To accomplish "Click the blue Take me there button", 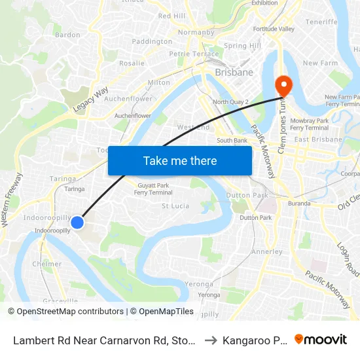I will pyautogui.click(x=180, y=160).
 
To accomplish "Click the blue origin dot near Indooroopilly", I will pyautogui.click(x=77, y=223).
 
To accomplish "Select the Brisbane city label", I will pyautogui.click(x=234, y=72).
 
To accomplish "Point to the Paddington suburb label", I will pyautogui.click(x=152, y=41).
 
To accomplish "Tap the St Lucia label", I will pyautogui.click(x=175, y=206).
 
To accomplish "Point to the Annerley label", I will pyautogui.click(x=267, y=251).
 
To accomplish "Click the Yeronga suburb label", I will pyautogui.click(x=199, y=284).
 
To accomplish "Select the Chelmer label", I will pyautogui.click(x=46, y=264).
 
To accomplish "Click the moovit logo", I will pyautogui.click(x=321, y=339).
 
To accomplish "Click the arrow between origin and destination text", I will pyautogui.click(x=210, y=340).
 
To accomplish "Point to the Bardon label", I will pyautogui.click(x=67, y=35).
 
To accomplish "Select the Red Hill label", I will pyautogui.click(x=171, y=16).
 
